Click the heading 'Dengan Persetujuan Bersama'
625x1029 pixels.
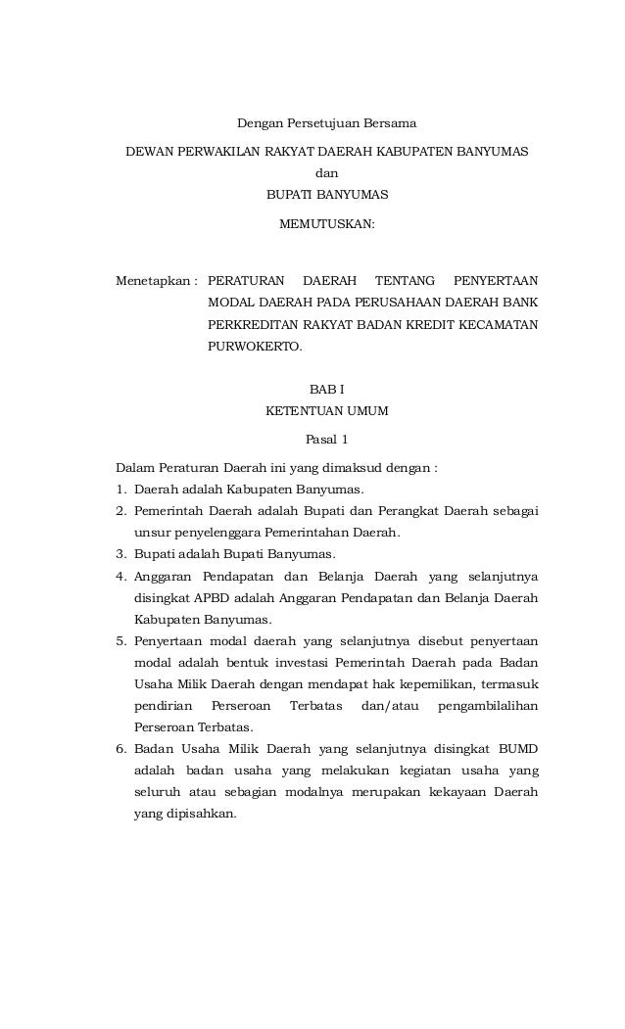[x=327, y=124]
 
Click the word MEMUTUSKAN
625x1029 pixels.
[x=327, y=224]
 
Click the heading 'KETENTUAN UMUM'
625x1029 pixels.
[x=327, y=412]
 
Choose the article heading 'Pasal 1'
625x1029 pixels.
[x=327, y=440]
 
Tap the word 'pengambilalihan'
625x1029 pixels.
[x=488, y=706]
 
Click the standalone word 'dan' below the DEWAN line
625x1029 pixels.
[x=327, y=173]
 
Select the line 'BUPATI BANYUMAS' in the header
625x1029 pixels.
[x=327, y=195]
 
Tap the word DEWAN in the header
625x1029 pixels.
[x=147, y=153]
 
